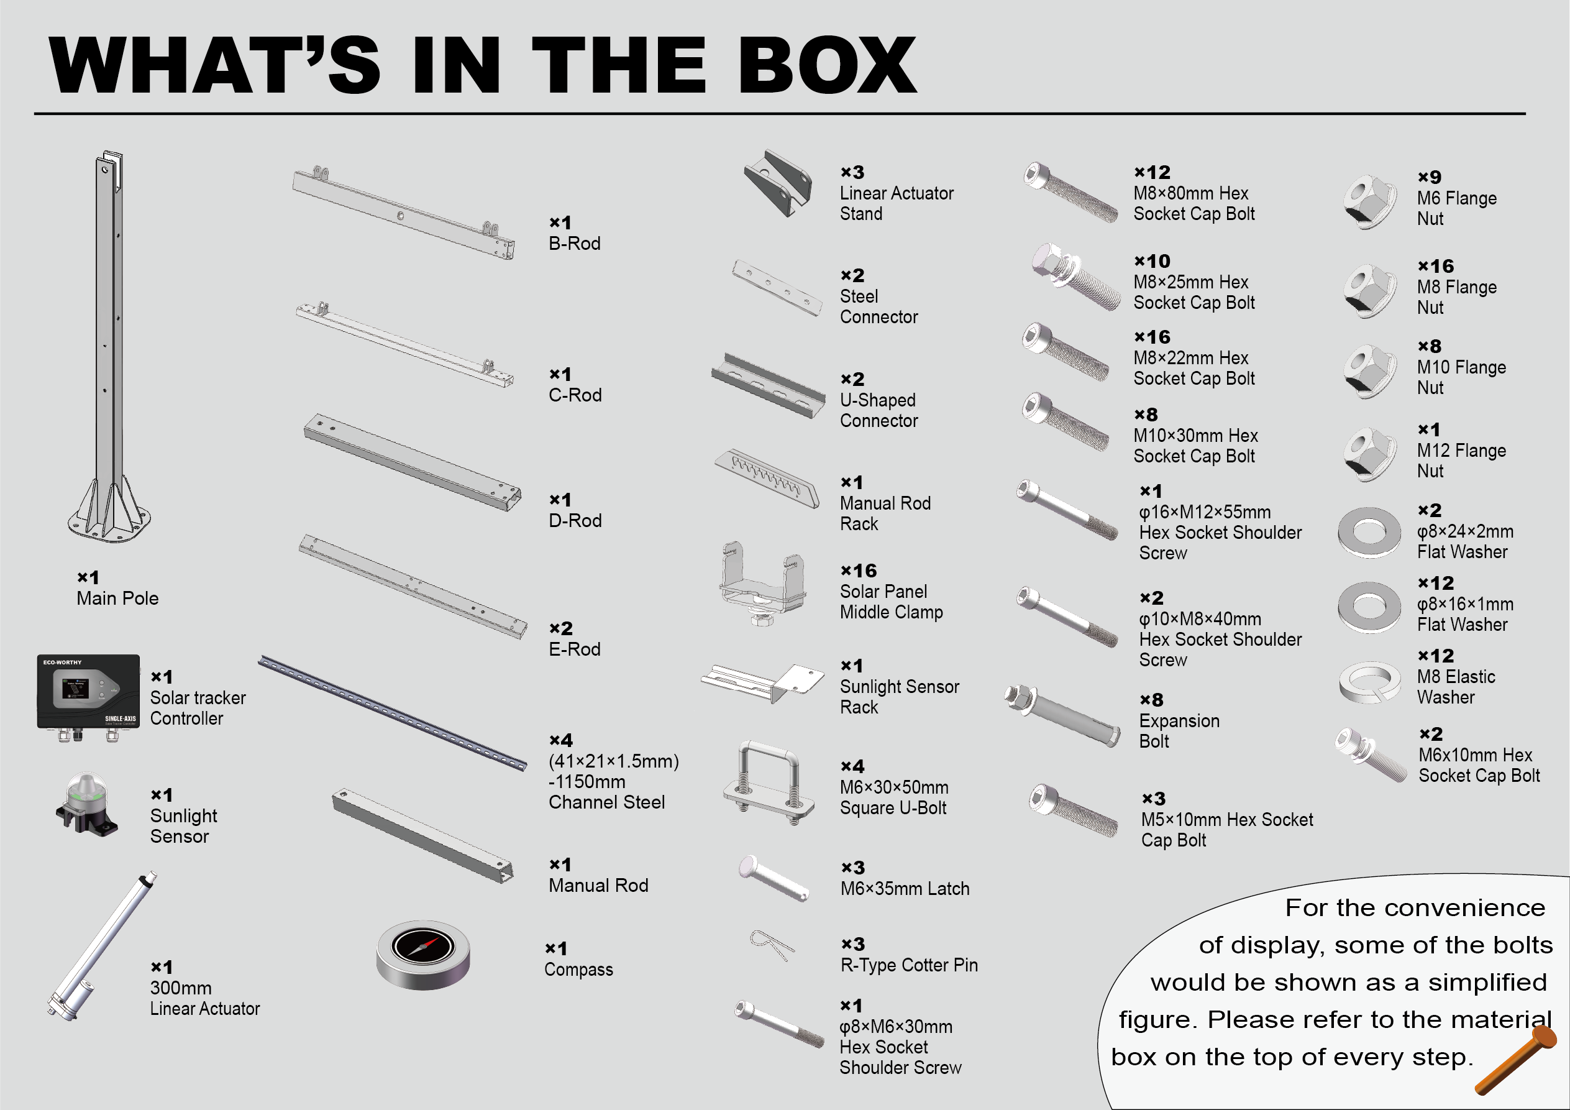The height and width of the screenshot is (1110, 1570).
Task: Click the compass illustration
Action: [423, 954]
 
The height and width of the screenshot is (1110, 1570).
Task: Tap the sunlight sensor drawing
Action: [87, 804]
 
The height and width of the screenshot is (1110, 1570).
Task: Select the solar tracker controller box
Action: [88, 697]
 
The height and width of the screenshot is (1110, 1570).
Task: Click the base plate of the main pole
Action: [109, 524]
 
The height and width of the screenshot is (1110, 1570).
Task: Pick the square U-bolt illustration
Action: [769, 784]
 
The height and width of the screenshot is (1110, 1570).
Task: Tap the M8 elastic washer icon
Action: [1370, 682]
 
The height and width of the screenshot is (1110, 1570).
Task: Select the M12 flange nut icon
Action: [1370, 454]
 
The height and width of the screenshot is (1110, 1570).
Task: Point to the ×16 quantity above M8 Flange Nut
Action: [1435, 266]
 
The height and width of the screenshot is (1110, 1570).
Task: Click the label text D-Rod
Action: [575, 520]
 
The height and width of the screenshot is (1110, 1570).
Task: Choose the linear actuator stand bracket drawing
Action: [778, 183]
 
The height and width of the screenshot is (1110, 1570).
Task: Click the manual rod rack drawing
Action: [767, 477]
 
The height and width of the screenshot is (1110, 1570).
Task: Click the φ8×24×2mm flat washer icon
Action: [1370, 531]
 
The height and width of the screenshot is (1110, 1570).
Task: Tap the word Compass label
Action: [578, 970]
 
